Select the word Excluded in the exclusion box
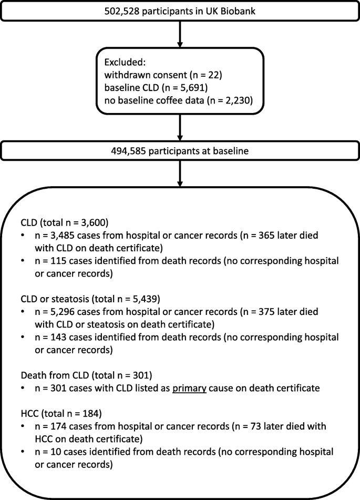123,62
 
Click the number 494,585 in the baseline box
129,151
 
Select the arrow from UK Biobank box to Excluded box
180,34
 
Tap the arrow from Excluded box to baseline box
180,128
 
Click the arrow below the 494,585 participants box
180,174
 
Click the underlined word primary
189,389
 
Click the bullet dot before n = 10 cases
23,452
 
